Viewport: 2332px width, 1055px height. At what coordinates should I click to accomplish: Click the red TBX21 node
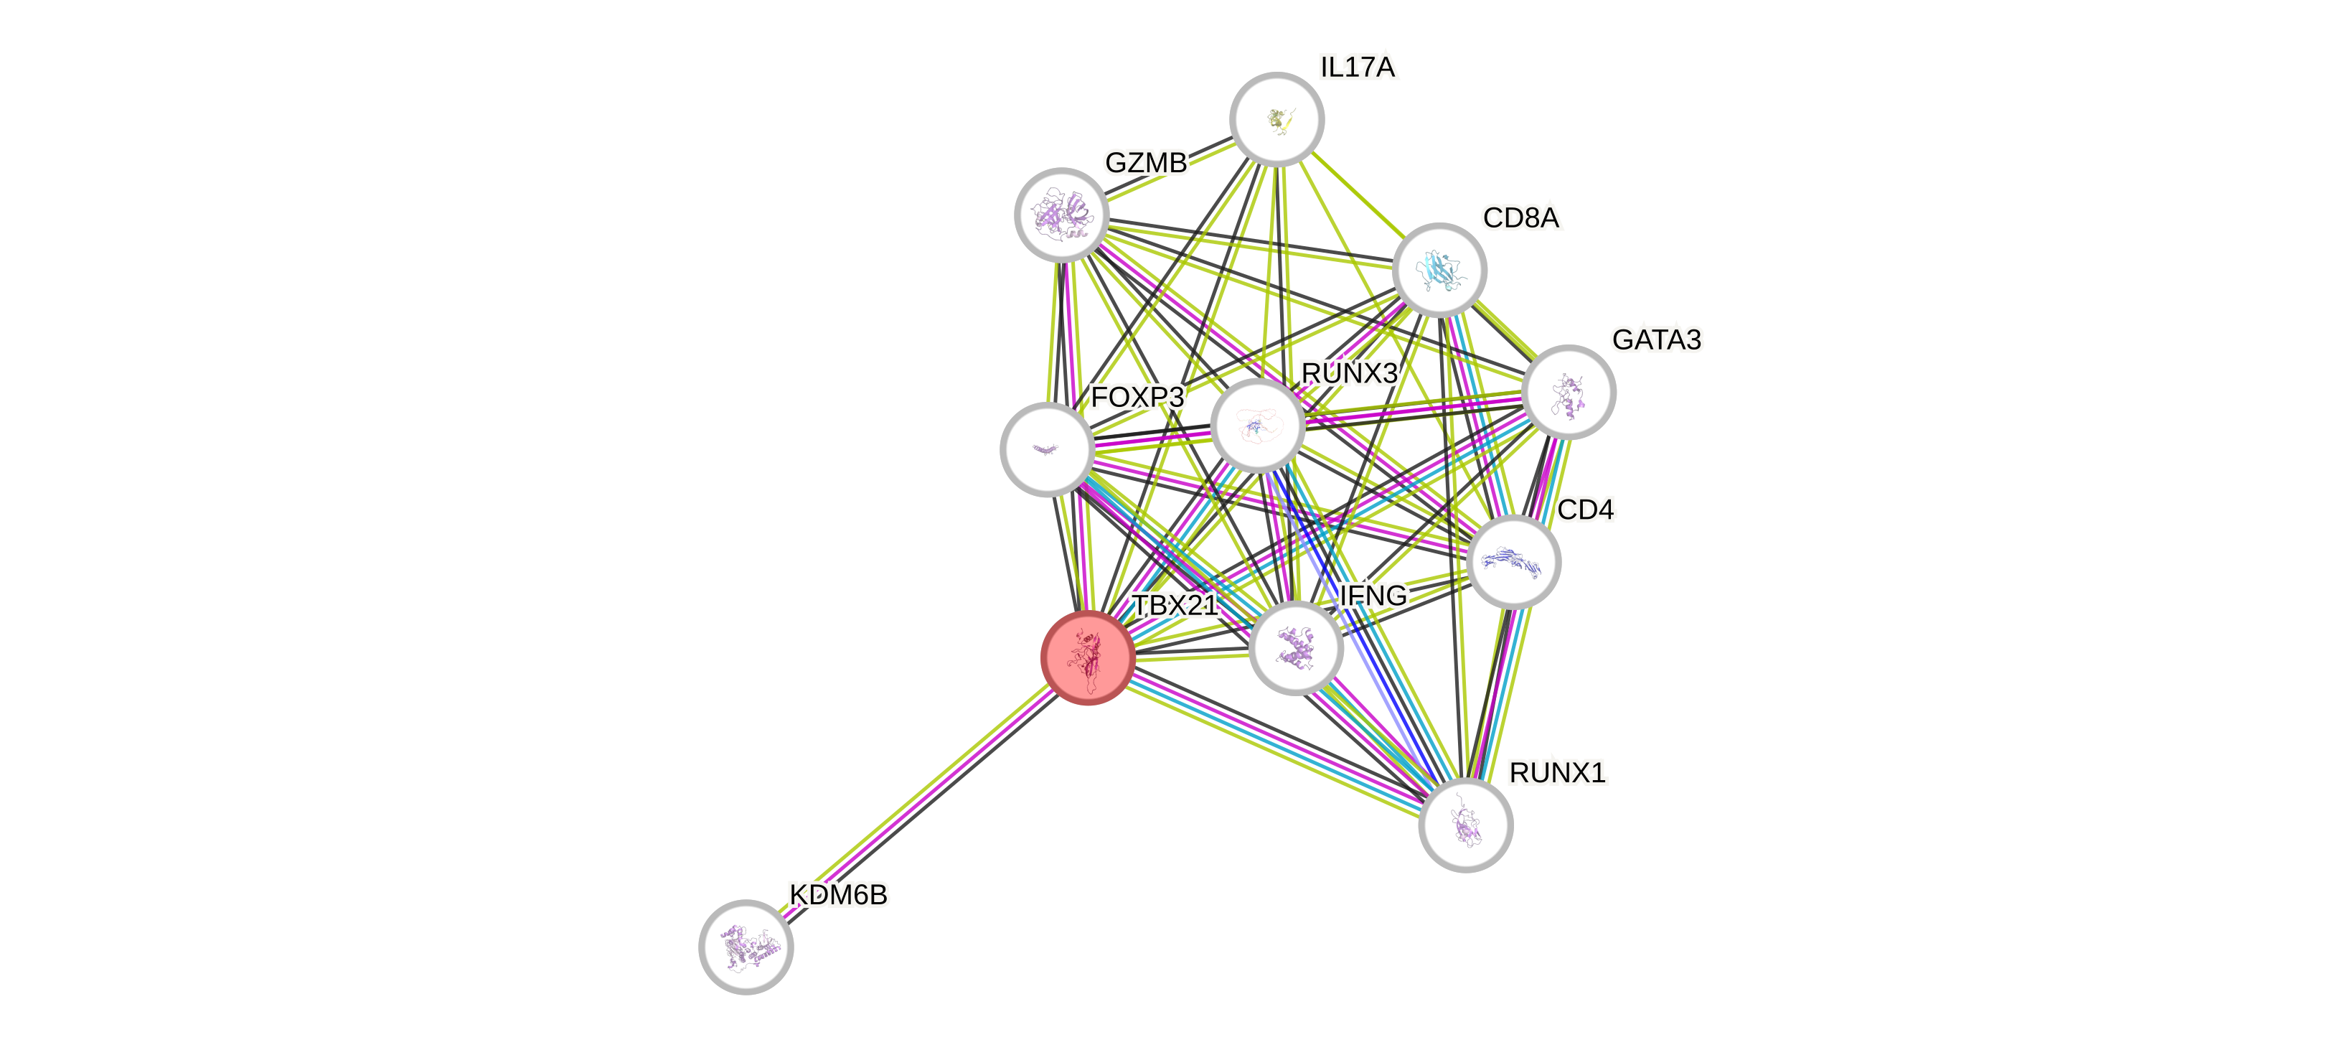[x=1087, y=657]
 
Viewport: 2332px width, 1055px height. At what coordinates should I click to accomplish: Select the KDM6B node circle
[x=746, y=947]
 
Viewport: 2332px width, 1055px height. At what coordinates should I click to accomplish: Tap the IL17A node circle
[x=1277, y=118]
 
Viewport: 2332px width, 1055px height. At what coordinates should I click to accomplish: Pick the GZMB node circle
[x=1061, y=215]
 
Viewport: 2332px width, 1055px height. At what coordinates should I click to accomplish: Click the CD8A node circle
[x=1439, y=270]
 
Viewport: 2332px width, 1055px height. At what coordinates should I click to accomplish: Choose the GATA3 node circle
[x=1568, y=392]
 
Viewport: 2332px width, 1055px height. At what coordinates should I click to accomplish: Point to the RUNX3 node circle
[x=1256, y=425]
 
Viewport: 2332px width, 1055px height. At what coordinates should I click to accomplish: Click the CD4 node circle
[x=1513, y=561]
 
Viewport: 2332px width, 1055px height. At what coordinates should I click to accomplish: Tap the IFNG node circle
[x=1295, y=648]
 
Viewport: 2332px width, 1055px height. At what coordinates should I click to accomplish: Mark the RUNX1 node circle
[x=1464, y=825]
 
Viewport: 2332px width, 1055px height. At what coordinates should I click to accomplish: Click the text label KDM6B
[x=838, y=895]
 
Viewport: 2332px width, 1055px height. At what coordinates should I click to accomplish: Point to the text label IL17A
[x=1358, y=67]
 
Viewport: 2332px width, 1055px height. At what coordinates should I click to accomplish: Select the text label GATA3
[x=1656, y=339]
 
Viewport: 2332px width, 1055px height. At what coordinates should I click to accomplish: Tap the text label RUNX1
[x=1557, y=772]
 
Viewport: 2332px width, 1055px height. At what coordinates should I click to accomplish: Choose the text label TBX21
[x=1175, y=605]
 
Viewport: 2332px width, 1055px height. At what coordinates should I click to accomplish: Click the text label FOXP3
[x=1137, y=397]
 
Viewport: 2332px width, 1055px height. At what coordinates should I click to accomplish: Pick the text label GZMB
[x=1145, y=163]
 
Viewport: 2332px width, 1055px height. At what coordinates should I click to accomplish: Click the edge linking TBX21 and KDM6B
[x=916, y=802]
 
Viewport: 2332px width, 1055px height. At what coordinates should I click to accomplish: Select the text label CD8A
[x=1521, y=217]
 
